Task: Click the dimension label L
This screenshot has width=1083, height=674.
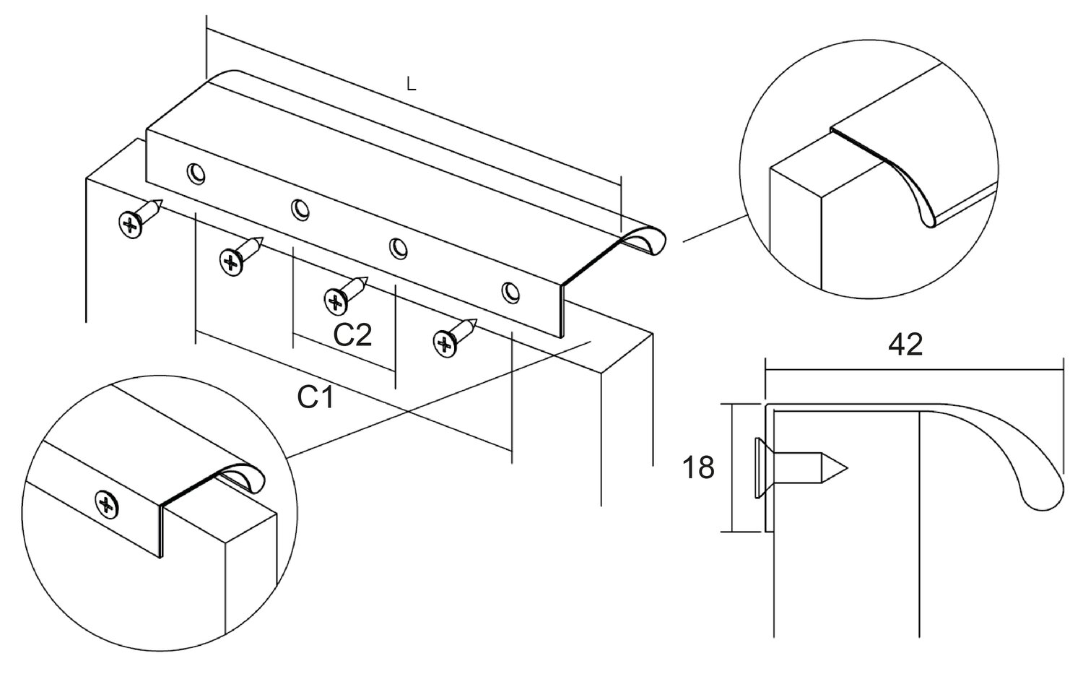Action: (411, 85)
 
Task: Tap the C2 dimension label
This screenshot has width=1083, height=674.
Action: (353, 334)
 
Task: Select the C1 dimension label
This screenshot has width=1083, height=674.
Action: (316, 397)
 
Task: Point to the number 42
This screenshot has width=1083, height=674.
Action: (905, 345)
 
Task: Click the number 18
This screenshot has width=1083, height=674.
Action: (698, 468)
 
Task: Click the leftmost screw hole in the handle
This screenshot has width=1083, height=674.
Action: (196, 173)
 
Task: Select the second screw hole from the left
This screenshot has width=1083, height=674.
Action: (300, 209)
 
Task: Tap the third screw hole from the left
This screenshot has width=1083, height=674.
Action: (399, 248)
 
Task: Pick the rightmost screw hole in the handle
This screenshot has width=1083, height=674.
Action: (510, 293)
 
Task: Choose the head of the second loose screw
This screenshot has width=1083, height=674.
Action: (231, 262)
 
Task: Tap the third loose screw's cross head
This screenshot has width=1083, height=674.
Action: (336, 301)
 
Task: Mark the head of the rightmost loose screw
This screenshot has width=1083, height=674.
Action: (445, 344)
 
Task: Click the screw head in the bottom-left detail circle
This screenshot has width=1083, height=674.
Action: (107, 504)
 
